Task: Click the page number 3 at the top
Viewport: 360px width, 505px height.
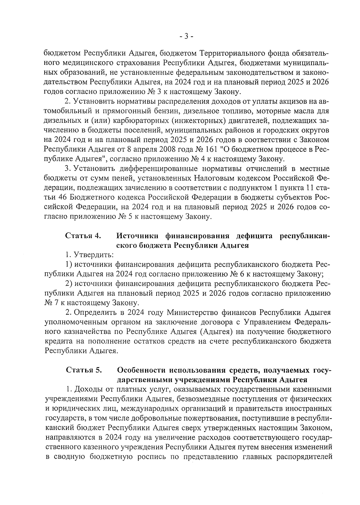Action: point(186,37)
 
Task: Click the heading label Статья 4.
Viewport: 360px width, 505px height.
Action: point(83,236)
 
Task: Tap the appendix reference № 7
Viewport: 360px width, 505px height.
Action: point(49,303)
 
